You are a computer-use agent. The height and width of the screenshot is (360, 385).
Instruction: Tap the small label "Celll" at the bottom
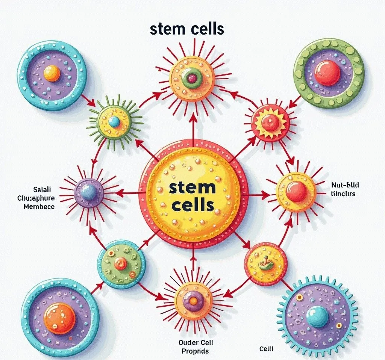click(266, 349)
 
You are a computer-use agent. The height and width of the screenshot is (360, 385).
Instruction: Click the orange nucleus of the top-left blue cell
click(52, 73)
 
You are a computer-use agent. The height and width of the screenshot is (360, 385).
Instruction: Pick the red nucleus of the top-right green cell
click(327, 73)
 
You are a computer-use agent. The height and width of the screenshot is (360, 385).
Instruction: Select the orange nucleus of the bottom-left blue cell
click(60, 318)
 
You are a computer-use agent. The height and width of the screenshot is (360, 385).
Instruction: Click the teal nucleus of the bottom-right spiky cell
click(317, 316)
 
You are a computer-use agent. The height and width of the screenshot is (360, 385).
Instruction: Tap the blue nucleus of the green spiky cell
click(114, 121)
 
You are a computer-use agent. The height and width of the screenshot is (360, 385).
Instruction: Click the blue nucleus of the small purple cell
click(89, 192)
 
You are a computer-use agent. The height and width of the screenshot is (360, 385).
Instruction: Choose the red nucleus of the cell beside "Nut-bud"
click(296, 192)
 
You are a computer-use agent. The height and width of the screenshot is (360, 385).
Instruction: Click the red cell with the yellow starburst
click(271, 122)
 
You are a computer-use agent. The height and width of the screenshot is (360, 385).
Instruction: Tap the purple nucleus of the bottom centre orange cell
click(193, 301)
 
